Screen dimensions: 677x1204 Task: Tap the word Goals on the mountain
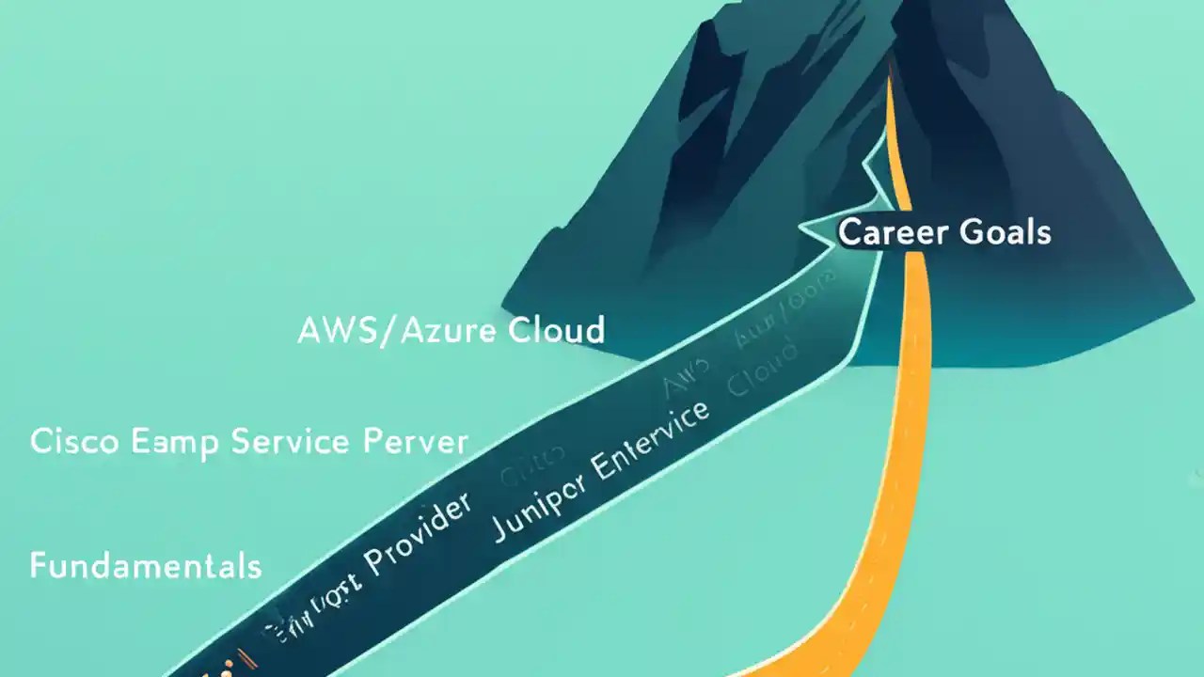coord(1005,231)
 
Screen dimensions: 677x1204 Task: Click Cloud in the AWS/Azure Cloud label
coord(555,330)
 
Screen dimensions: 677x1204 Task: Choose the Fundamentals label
coord(145,566)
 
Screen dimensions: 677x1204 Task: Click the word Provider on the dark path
coord(415,536)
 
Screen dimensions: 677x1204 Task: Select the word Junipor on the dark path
coord(535,508)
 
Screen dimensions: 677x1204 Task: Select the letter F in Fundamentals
coord(39,566)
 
